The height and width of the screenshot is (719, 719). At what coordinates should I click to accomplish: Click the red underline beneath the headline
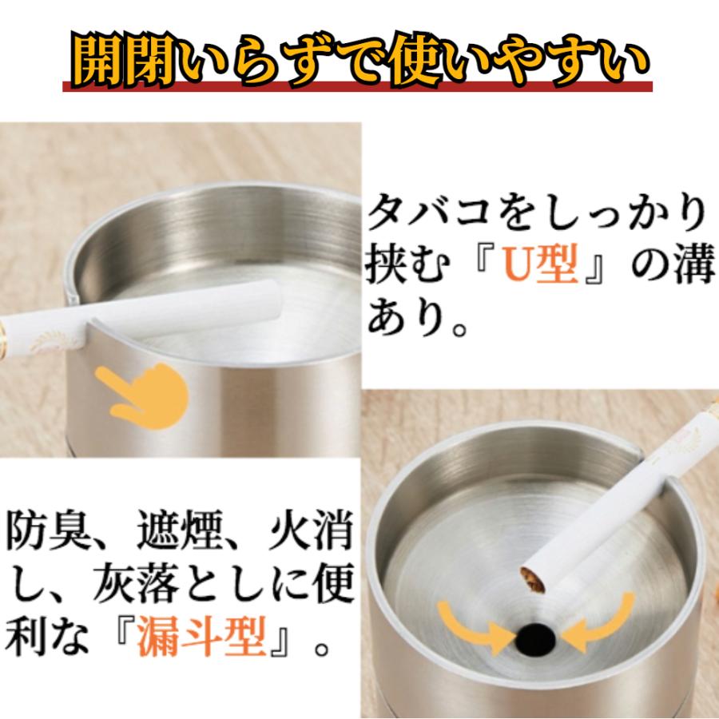359,87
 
